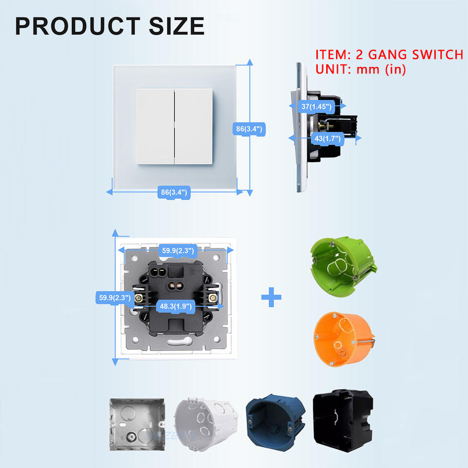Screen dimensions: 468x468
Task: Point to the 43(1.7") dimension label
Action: click(327, 139)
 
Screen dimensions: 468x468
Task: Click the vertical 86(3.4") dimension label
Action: click(249, 129)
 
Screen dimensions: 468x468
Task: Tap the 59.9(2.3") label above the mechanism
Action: click(178, 251)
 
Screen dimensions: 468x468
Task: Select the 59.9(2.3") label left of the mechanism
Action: click(113, 297)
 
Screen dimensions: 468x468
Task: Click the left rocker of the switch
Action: click(155, 127)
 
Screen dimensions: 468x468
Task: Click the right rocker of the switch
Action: click(194, 127)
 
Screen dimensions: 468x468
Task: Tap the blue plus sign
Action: click(271, 297)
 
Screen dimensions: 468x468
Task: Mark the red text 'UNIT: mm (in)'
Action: click(361, 69)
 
